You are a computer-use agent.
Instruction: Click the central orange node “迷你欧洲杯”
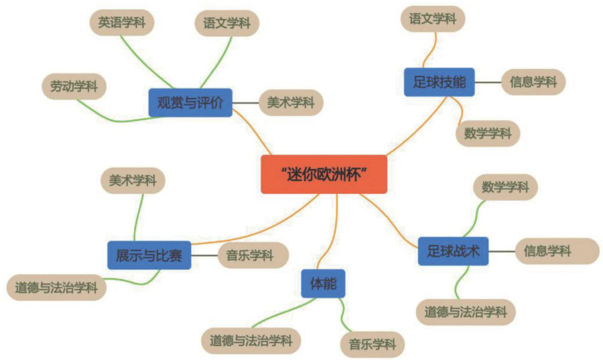pos(324,174)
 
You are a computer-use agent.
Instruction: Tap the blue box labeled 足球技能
pos(439,82)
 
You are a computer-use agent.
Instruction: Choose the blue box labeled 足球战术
pos(453,251)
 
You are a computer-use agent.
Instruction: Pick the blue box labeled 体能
pos(323,284)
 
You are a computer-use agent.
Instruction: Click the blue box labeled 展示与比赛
pos(149,255)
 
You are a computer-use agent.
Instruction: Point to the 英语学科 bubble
pos(121,22)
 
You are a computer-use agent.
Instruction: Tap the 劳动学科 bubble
pos(74,86)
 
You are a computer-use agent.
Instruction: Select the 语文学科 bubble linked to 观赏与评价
pos(226,23)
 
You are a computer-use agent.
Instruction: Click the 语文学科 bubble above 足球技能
pos(433,19)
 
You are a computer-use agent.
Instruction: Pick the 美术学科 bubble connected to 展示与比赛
pos(133,180)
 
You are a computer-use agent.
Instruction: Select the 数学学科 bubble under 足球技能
pos(487,133)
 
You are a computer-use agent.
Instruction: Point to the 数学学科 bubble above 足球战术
pos(505,187)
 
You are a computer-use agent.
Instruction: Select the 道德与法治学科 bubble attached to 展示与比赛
pos(56,288)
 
